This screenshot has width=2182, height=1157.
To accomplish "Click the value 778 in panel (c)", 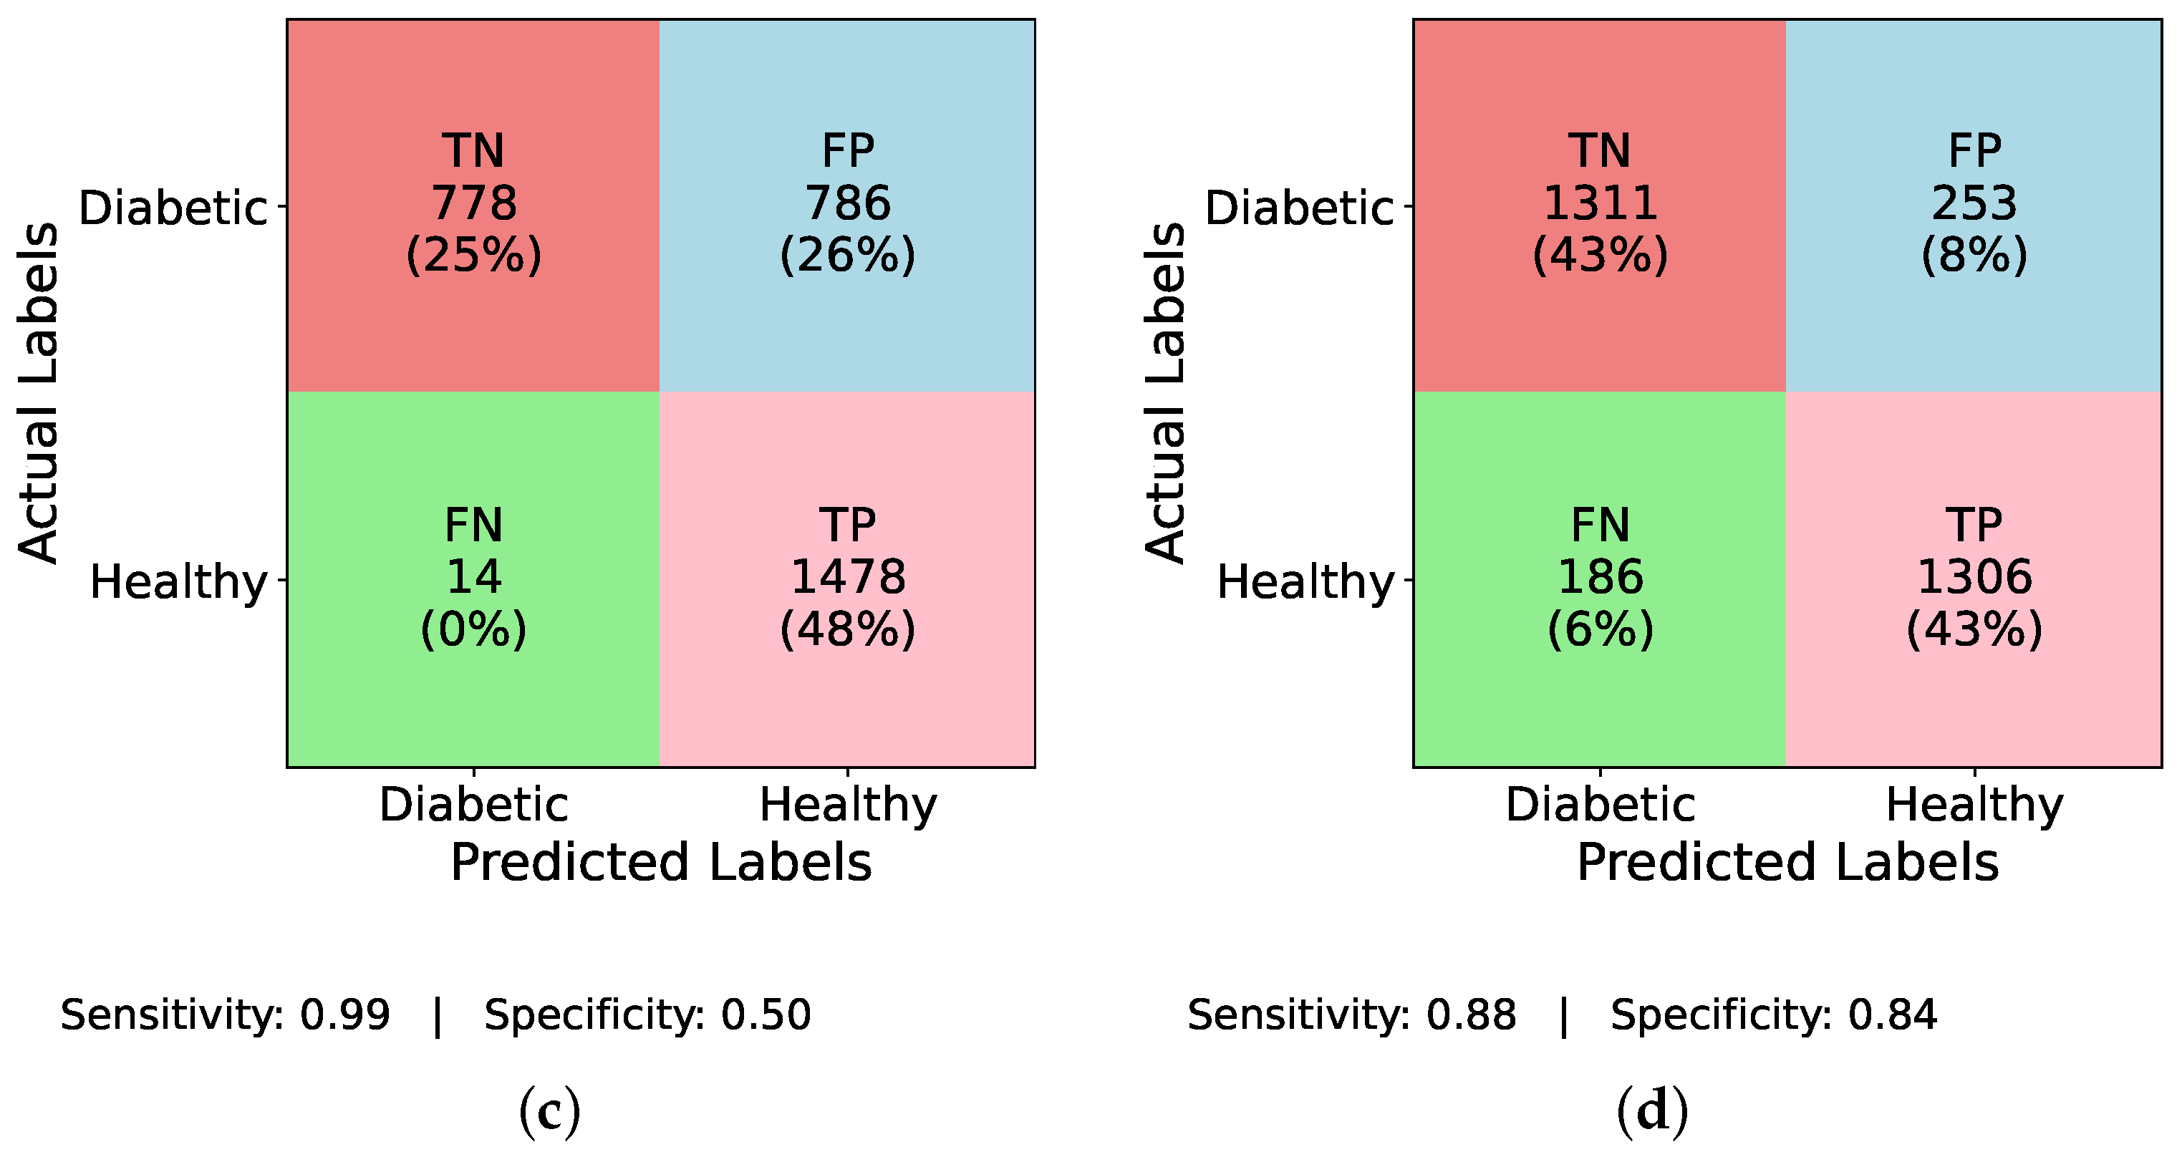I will (473, 203).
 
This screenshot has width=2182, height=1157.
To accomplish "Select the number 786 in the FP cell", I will (847, 203).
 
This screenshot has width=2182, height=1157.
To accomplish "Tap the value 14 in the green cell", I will (473, 577).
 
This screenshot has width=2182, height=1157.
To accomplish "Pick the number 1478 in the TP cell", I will (847, 577).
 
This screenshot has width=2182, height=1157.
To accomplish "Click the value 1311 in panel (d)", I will (1599, 203).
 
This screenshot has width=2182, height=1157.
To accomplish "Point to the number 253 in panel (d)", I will (1974, 203).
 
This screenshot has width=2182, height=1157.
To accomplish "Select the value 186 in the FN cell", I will (1599, 577).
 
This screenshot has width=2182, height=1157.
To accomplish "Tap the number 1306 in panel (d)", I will (1974, 577).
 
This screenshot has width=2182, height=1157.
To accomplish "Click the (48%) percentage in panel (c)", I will (847, 629).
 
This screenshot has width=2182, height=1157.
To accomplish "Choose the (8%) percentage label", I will (1974, 255).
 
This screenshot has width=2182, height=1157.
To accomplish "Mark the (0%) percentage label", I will (473, 629).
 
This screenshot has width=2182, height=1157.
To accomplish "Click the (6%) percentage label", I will (1599, 629).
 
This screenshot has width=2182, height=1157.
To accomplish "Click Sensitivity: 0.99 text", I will (224, 1015).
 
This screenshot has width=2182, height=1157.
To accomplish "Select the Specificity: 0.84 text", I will (1773, 1015).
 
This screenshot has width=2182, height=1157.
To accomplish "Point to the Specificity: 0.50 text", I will (647, 1015).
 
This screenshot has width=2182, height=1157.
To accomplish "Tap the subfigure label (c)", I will (550, 1112).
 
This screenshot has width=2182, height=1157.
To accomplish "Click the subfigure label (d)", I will (1652, 1112).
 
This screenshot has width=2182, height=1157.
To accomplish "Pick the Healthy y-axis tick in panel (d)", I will (1305, 582).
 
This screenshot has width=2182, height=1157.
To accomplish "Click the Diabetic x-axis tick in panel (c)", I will (473, 804).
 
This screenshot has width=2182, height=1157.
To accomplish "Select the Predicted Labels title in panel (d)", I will (1787, 863).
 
